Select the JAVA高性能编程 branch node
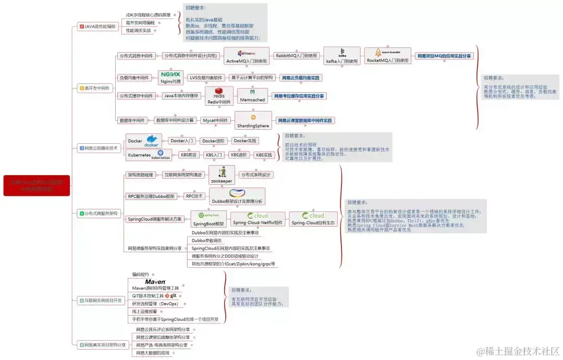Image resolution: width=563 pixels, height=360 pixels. click(x=97, y=26)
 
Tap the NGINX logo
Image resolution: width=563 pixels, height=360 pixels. click(x=170, y=75)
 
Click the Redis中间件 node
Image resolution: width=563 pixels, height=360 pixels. click(x=219, y=96)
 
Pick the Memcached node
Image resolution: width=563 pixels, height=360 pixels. click(x=252, y=96)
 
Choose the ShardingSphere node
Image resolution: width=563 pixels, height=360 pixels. click(x=253, y=121)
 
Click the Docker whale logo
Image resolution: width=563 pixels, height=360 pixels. click(x=152, y=140)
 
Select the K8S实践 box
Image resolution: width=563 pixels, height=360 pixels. click(x=264, y=155)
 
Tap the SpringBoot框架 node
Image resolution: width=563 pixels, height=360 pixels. click(x=208, y=219)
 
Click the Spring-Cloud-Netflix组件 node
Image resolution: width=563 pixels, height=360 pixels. click(x=258, y=219)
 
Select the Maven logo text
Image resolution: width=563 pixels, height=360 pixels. click(x=155, y=282)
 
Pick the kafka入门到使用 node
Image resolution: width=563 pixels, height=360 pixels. click(x=342, y=55)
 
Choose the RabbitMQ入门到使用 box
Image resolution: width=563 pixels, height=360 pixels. click(x=296, y=55)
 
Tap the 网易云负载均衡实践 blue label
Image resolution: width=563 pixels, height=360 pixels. click(x=300, y=78)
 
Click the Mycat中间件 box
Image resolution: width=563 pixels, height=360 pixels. click(x=215, y=120)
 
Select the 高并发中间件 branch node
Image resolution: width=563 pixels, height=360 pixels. click(x=94, y=89)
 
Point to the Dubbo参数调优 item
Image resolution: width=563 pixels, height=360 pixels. click(x=206, y=241)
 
